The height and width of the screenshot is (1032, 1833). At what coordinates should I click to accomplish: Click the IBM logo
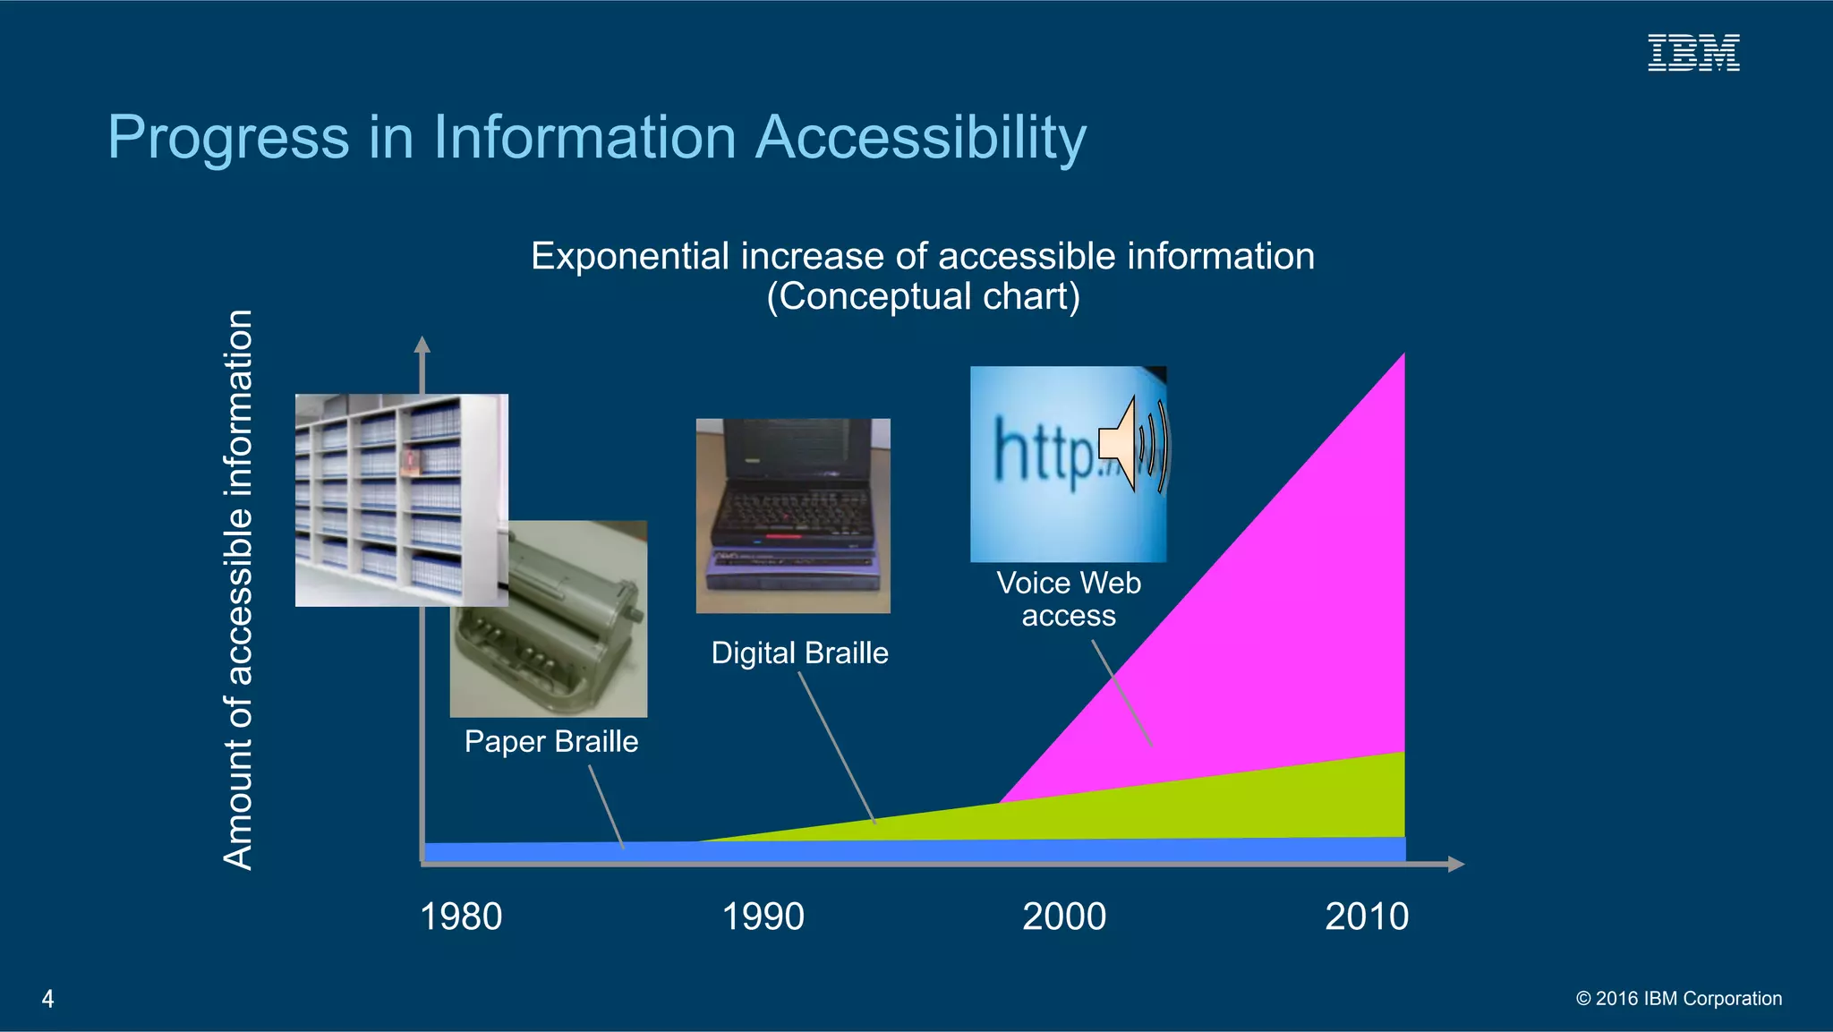1693,53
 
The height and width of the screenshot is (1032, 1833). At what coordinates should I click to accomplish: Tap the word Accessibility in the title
921,138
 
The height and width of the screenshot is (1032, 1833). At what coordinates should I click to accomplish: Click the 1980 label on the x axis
461,917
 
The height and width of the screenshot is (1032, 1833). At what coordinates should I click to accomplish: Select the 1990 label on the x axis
763,917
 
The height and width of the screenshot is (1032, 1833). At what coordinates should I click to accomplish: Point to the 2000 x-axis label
1064,917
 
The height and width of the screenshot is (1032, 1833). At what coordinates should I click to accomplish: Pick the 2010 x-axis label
1367,917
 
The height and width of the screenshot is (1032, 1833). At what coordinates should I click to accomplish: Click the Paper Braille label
551,742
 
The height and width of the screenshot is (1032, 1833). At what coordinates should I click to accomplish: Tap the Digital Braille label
799,653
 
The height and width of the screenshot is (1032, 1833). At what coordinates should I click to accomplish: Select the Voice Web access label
1069,599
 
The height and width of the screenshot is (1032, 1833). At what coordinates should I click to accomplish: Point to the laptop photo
793,516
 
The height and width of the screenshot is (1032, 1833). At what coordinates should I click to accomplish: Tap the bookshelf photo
401,499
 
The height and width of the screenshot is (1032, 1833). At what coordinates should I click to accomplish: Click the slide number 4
48,999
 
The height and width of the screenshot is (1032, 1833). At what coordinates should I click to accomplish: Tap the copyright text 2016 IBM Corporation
1679,999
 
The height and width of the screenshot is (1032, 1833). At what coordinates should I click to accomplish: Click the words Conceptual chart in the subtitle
923,297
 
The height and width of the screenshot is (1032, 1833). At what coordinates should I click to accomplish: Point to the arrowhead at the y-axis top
422,345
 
